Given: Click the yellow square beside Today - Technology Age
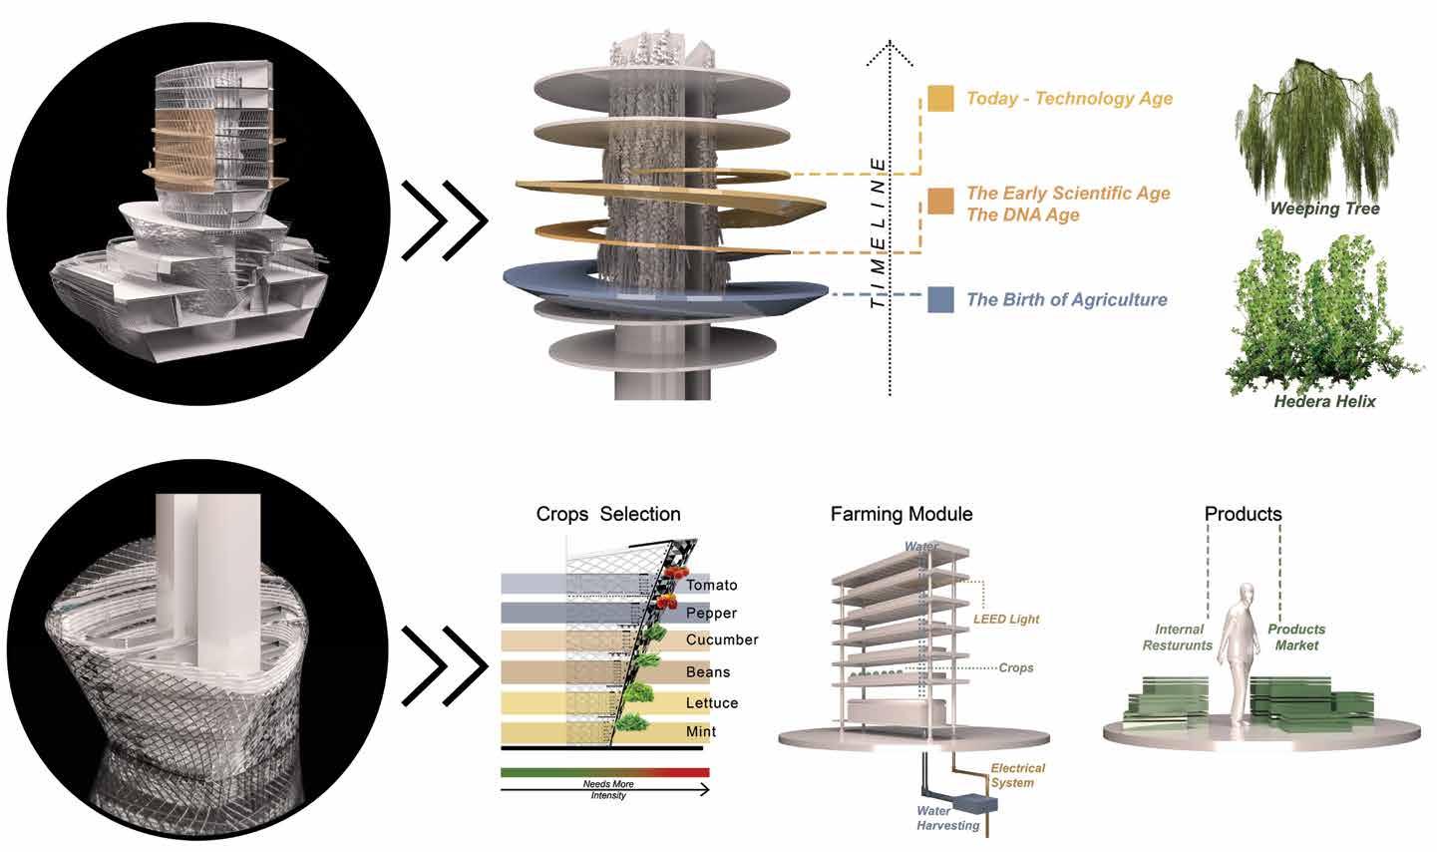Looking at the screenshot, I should point(940,98).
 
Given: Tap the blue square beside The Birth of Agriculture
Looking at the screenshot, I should point(940,299).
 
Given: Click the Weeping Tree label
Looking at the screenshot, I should point(1324,209).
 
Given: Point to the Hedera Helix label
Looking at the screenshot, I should point(1324,401).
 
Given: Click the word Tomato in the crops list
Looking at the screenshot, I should point(711,585).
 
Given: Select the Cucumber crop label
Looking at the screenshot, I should point(722,639).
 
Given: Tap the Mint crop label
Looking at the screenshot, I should point(701,731).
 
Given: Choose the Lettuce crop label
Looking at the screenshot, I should point(712,702).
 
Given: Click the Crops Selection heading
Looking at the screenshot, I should point(608,514).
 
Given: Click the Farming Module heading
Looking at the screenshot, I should point(900,514).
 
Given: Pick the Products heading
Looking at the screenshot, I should point(1243,514).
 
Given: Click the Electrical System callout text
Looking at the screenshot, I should point(1017,775).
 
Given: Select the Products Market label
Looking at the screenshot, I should point(1296,637).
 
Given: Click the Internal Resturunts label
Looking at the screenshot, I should point(1183,637).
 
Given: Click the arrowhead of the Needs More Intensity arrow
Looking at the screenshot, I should point(705,789).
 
